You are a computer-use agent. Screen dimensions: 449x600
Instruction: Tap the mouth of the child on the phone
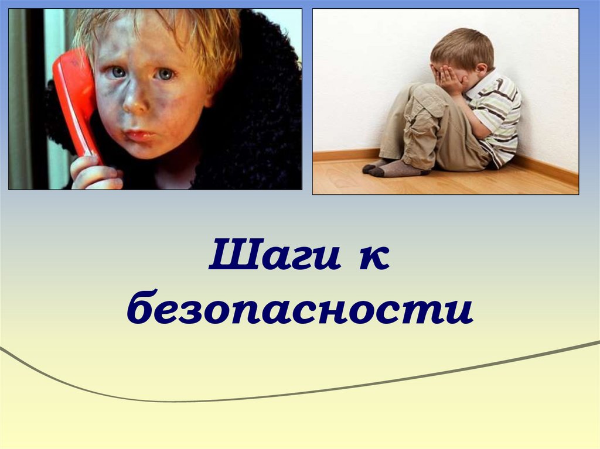139,135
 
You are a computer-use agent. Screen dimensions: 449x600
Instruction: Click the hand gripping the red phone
94,173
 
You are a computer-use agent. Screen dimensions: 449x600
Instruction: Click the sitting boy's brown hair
463,47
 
